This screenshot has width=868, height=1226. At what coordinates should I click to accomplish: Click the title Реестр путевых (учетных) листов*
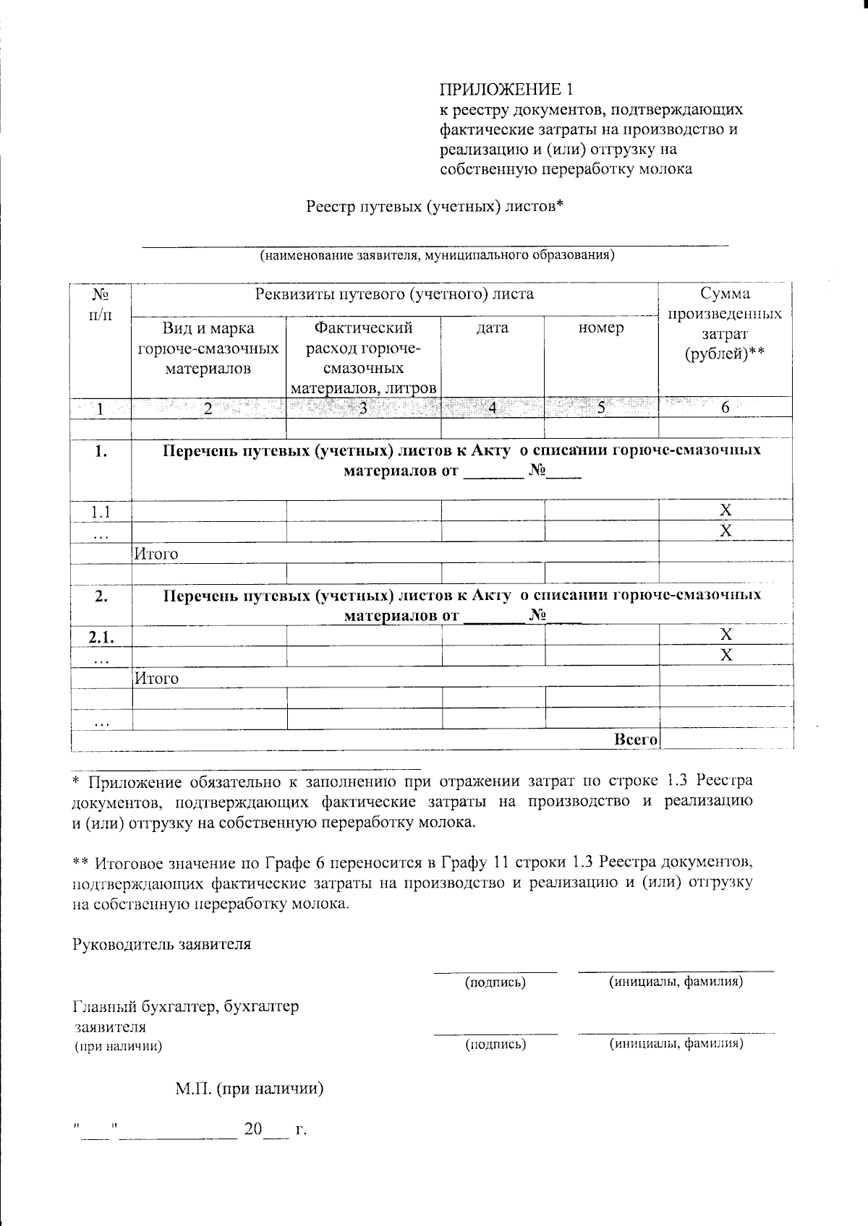pos(434,207)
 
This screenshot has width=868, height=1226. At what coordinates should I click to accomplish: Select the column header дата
pos(493,328)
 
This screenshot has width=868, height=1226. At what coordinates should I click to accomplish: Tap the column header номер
pos(601,328)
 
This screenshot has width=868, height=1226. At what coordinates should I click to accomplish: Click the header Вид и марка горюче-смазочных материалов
pos(208,348)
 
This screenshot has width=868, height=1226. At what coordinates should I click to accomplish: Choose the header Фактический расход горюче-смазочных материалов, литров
pos(363,358)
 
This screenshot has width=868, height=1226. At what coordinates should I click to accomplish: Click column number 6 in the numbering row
pos(725,408)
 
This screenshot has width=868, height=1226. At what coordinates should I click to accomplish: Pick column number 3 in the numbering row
pos(363,408)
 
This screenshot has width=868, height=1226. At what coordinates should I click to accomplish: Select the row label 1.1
pos(101,512)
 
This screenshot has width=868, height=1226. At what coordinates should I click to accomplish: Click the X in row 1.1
pos(726,510)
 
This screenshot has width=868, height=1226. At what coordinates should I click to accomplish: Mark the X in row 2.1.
pos(726,635)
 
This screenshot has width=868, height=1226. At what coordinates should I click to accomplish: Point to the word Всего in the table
pos(635,740)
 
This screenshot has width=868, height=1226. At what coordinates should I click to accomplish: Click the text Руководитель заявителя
pos(162,944)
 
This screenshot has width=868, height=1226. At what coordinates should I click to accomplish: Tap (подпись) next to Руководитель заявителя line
pos(495,982)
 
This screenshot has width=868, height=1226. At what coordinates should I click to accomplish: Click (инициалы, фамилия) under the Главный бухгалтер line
pos(676,1044)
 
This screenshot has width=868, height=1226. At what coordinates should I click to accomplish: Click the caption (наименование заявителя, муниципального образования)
pos(438,255)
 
